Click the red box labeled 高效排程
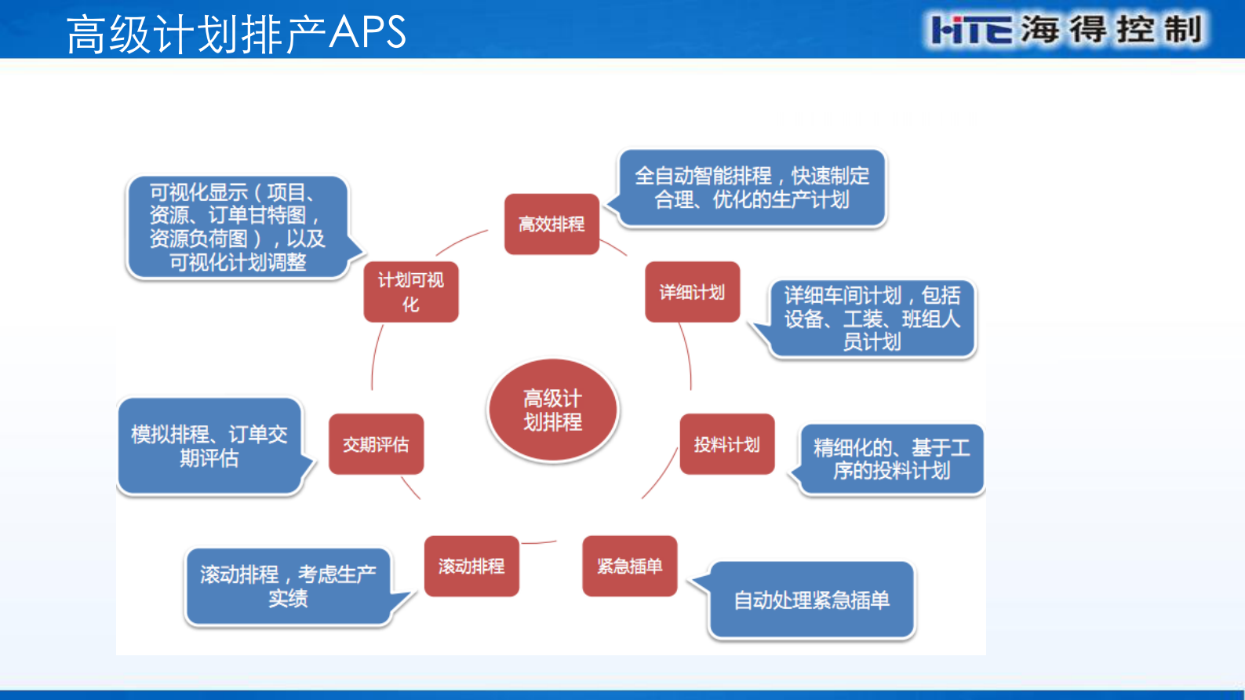coord(552,224)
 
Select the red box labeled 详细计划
coord(692,292)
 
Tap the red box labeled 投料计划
coord(726,444)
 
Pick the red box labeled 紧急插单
coord(629,566)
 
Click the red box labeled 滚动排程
coord(471,566)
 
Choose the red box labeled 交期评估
coord(376,444)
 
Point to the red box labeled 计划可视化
coord(411,292)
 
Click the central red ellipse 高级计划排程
coord(552,410)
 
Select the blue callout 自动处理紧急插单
coord(811,600)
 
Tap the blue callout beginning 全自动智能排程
coord(752,188)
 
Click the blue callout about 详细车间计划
coord(872,319)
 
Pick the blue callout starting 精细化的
coord(891,459)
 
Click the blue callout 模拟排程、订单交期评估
coord(209,446)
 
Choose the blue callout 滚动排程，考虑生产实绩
coord(288,586)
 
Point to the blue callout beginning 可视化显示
coord(237,227)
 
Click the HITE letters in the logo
coord(970,31)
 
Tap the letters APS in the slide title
coord(367,33)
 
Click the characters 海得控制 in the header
coord(1111,30)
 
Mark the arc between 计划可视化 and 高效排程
coord(461,241)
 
